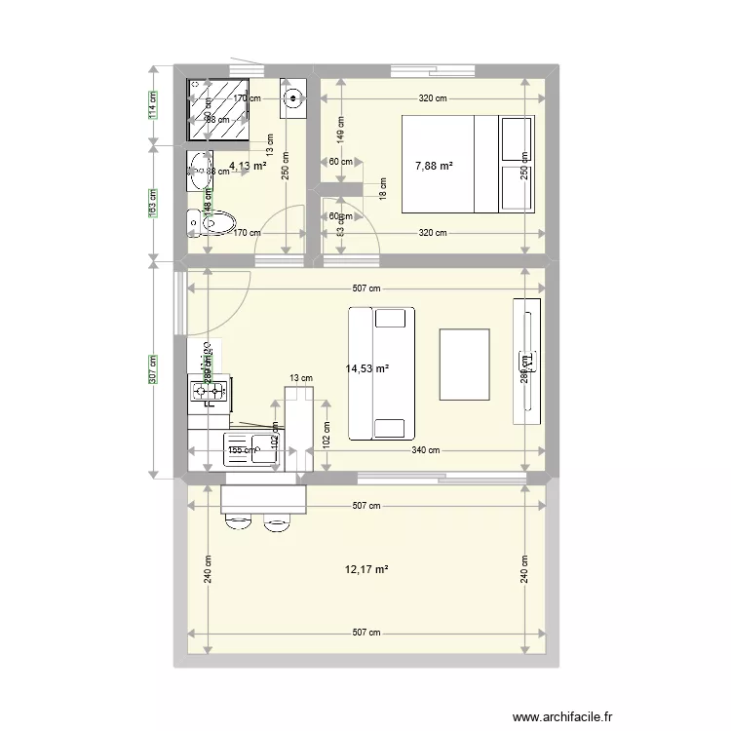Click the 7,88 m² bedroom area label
[433, 167]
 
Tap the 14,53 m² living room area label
[367, 368]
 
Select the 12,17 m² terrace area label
[366, 569]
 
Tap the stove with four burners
[209, 392]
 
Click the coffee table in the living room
[464, 365]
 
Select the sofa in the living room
[381, 373]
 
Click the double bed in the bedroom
[468, 163]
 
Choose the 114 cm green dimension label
[153, 104]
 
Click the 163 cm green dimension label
[153, 204]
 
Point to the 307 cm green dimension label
[153, 368]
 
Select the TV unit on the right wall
[526, 361]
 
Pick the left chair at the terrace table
[238, 521]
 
